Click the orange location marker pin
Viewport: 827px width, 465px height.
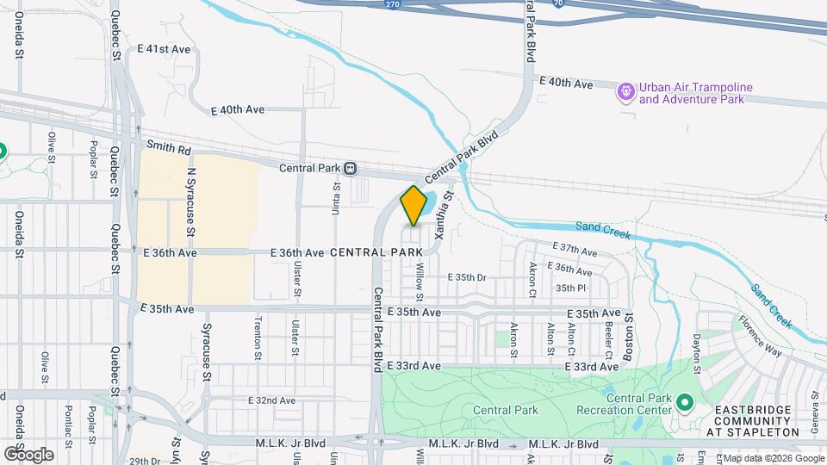tap(413, 206)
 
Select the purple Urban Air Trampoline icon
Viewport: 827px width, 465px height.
tap(626, 89)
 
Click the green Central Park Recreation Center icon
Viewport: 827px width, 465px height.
tap(685, 403)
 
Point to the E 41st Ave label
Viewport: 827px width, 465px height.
tap(164, 49)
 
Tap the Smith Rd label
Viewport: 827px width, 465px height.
tap(167, 147)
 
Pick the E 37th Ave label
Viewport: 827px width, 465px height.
tap(577, 251)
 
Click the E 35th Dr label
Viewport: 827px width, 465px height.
tap(468, 277)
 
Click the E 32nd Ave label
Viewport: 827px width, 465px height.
tap(271, 400)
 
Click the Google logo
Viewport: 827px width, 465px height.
tap(28, 454)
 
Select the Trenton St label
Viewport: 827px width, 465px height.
tap(258, 332)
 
